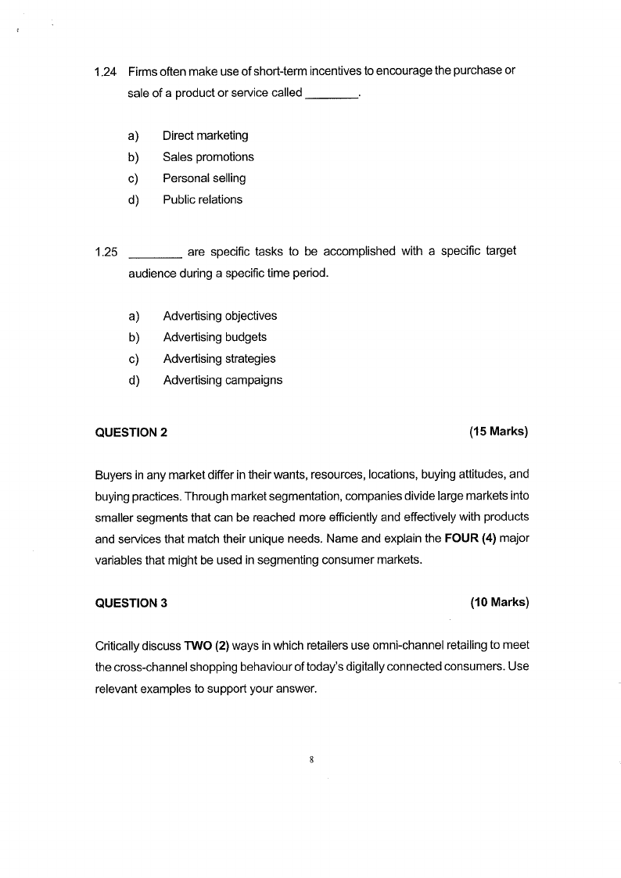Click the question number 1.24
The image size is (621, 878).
point(105,72)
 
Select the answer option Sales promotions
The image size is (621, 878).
point(208,157)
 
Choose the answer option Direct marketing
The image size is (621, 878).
point(205,136)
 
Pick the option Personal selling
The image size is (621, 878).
point(204,178)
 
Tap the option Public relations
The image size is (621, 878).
point(203,199)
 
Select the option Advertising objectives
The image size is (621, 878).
point(220,316)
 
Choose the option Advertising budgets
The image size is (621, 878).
point(214,338)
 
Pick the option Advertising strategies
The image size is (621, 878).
point(219,359)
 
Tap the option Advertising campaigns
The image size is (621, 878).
point(223,381)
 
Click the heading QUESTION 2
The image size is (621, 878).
point(131,432)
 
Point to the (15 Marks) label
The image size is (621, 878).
point(498,431)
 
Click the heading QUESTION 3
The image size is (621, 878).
point(131,603)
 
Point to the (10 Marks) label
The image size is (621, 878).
point(499,602)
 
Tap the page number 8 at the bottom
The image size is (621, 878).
point(311,759)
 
